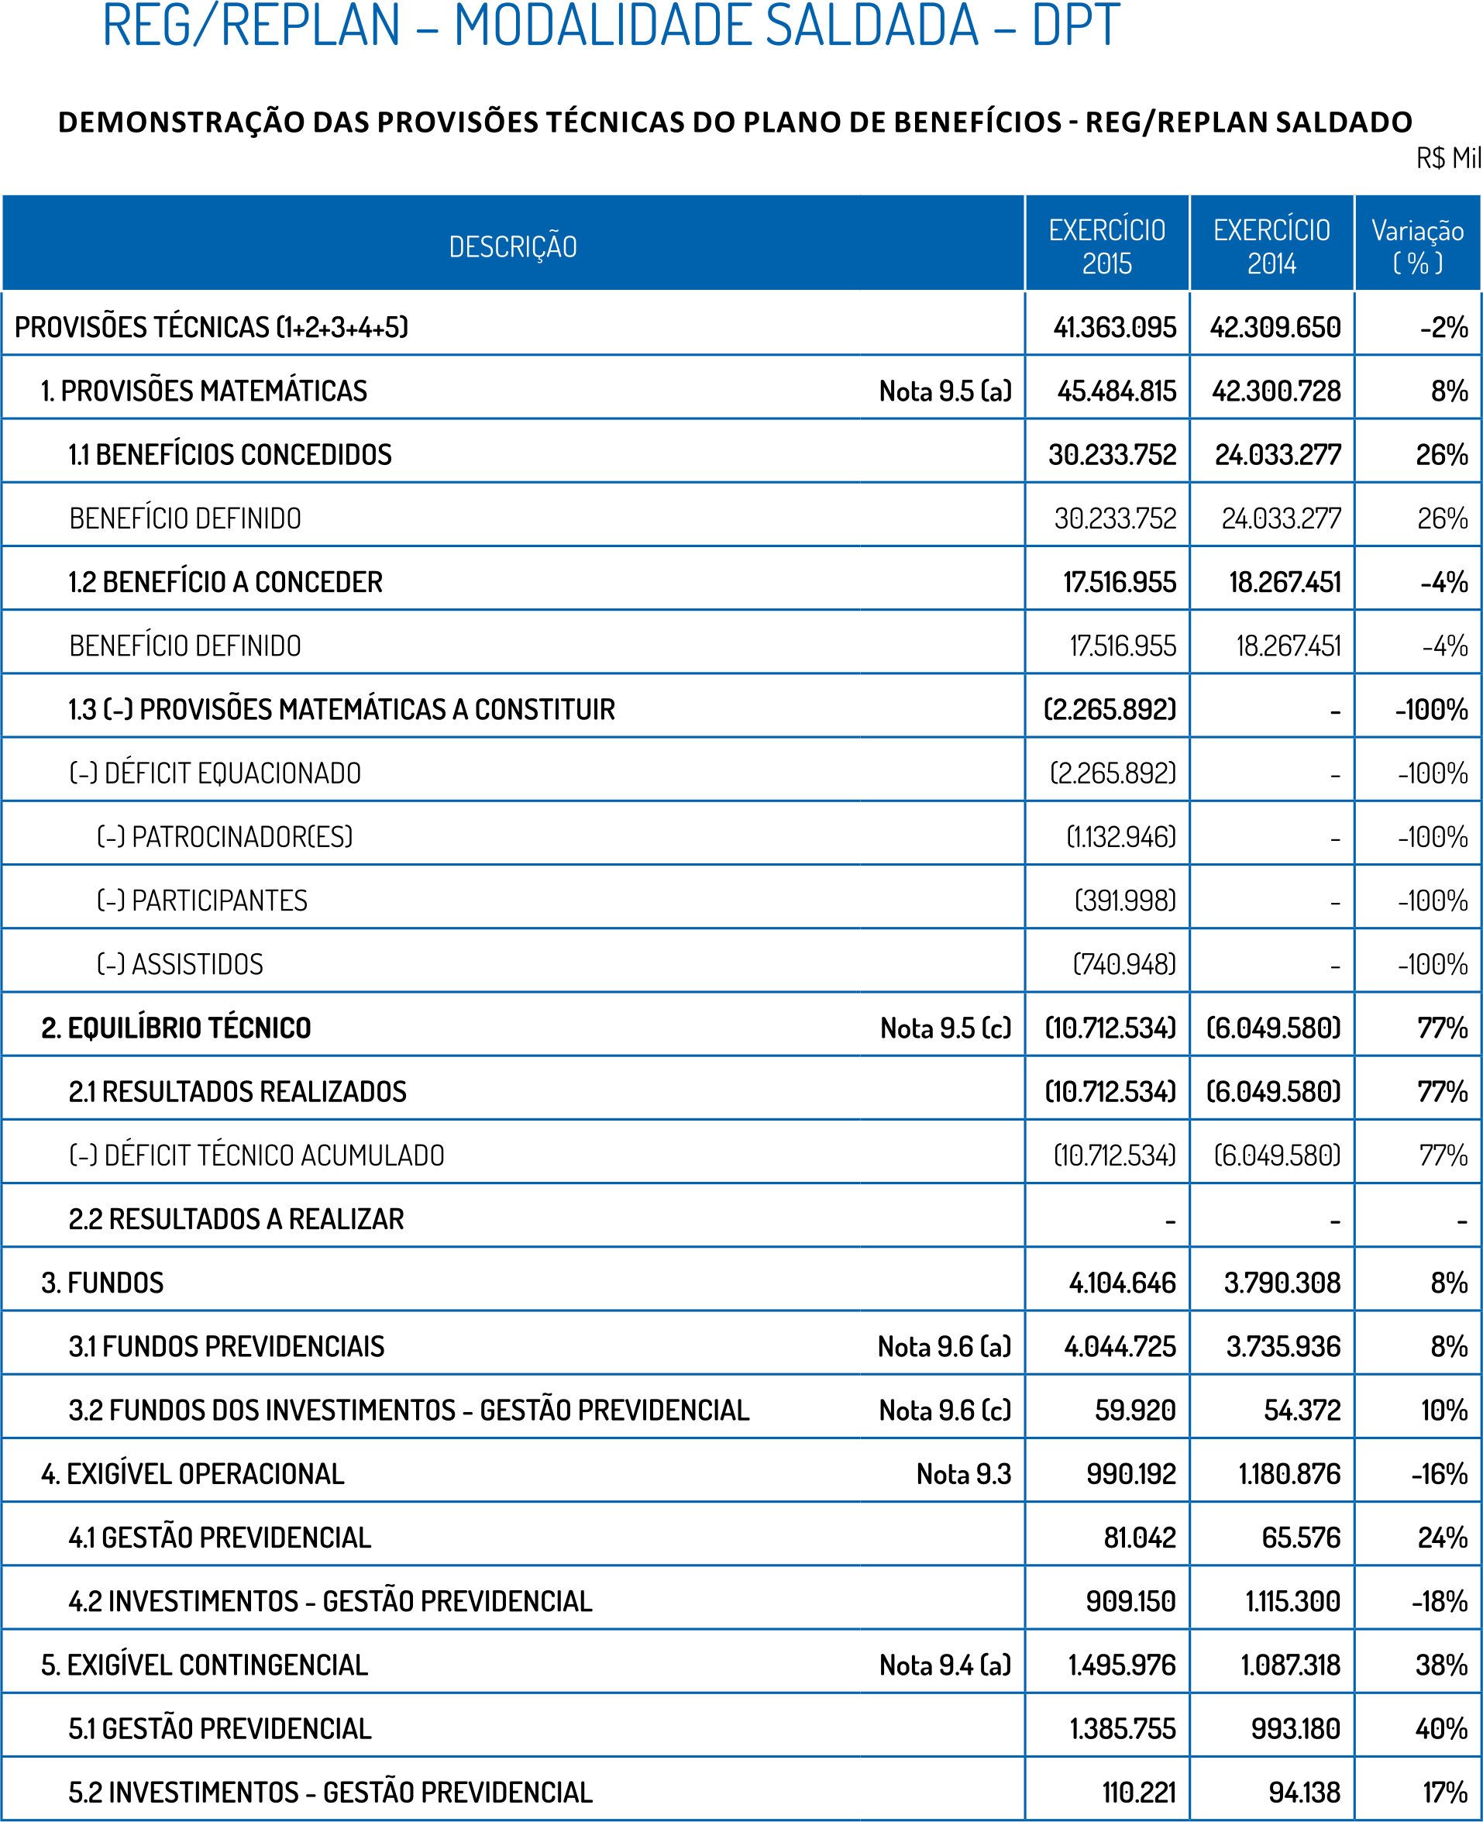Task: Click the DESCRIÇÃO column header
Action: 513,247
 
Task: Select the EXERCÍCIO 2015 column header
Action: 1106,246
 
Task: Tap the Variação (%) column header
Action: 1417,246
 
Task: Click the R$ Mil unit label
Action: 1448,158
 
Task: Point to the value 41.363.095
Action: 1114,327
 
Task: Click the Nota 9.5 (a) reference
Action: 945,391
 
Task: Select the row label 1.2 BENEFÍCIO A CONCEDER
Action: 225,582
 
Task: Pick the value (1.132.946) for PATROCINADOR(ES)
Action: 1121,837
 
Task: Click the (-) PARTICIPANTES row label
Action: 201,901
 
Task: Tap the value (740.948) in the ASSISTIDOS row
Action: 1124,964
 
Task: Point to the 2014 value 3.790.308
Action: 1282,1283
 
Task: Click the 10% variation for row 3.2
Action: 1443,1410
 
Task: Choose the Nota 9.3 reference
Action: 964,1474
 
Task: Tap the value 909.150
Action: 1130,1601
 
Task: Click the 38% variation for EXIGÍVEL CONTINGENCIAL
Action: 1441,1665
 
